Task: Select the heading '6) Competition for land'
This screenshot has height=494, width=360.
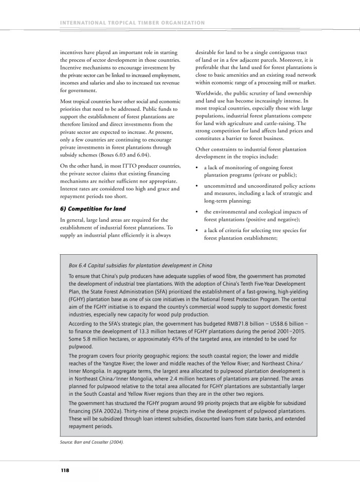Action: (x=94, y=208)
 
